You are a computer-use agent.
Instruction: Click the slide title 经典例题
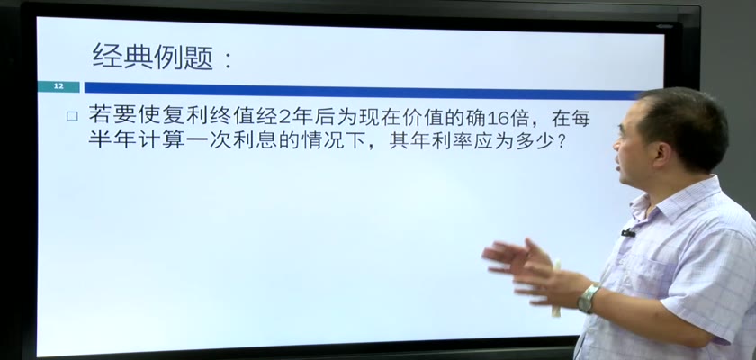[153, 57]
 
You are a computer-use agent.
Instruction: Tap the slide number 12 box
[58, 86]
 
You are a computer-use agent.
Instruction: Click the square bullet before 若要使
[72, 116]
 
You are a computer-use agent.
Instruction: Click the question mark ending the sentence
[560, 140]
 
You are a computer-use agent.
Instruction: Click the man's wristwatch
[589, 298]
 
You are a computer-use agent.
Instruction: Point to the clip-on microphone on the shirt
[628, 233]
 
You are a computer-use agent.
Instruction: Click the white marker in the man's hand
[557, 289]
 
